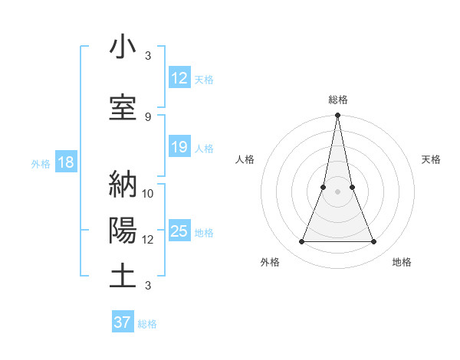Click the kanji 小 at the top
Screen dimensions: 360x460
click(x=123, y=47)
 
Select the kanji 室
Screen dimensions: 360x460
click(x=123, y=107)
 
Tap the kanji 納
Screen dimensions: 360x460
click(x=123, y=185)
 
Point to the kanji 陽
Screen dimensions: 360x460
click(x=123, y=231)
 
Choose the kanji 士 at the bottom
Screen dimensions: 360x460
click(x=123, y=276)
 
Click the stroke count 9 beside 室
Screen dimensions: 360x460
click(x=148, y=116)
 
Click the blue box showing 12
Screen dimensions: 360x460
click(x=179, y=78)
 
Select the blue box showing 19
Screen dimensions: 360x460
click(x=179, y=147)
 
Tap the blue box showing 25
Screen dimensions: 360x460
click(x=179, y=231)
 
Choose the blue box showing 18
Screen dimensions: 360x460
click(x=65, y=162)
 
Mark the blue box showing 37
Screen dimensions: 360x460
click(x=123, y=322)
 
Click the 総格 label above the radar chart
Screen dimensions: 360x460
click(x=338, y=100)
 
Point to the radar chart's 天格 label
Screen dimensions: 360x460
click(x=432, y=159)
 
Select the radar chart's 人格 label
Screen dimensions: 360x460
click(x=245, y=159)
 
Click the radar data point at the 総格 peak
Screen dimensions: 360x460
click(x=338, y=116)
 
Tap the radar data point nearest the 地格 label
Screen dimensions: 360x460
click(x=374, y=242)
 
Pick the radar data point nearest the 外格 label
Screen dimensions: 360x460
click(x=301, y=242)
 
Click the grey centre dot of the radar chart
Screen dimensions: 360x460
click(x=338, y=192)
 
